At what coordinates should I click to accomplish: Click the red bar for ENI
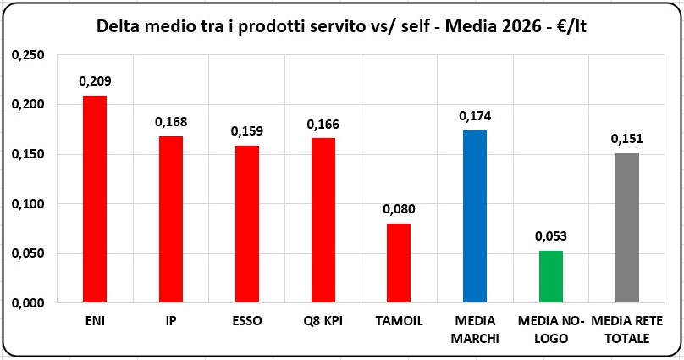pos(95,199)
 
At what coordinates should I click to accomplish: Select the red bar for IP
pos(171,219)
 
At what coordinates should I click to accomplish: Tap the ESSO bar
pos(247,224)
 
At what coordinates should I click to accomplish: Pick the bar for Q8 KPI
pos(323,220)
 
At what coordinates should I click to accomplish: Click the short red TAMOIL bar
pos(399,263)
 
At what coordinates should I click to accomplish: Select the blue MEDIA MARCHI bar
pos(475,217)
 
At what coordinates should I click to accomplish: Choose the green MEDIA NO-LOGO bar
pos(551,277)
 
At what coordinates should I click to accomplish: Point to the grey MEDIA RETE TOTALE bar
pos(627,228)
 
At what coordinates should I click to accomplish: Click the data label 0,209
pos(95,81)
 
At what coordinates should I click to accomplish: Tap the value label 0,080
pos(400,209)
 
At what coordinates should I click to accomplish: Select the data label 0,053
pos(551,236)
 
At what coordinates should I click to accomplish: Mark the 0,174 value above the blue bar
pos(475,116)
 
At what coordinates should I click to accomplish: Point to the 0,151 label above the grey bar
pos(626,139)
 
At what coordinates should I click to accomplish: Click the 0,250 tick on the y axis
pos(28,55)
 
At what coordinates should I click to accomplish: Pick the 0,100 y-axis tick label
pos(28,204)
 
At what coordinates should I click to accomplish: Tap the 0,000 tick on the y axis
pos(28,303)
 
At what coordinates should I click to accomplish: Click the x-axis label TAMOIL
pos(400,321)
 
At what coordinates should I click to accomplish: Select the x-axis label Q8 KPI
pos(323,321)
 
